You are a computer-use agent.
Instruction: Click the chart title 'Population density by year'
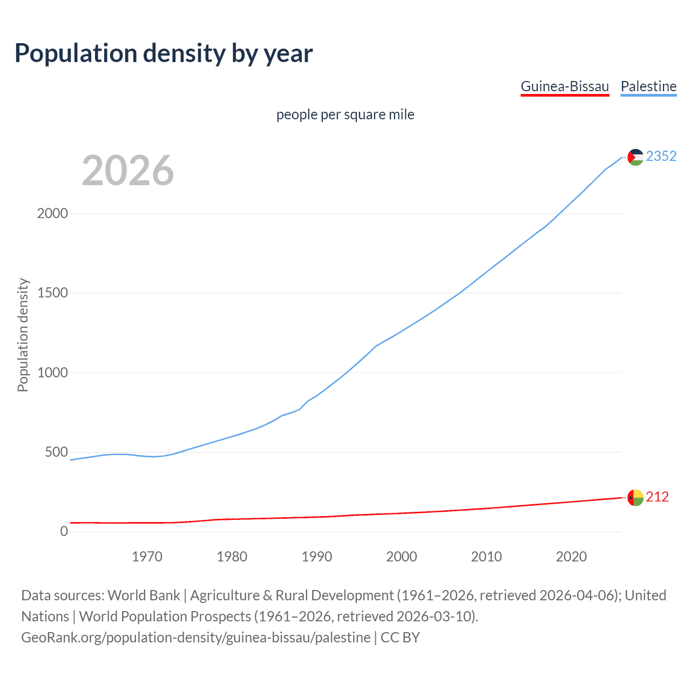pyautogui.click(x=164, y=53)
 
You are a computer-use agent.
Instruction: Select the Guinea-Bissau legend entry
pyautogui.click(x=565, y=86)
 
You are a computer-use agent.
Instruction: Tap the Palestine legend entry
pyautogui.click(x=648, y=86)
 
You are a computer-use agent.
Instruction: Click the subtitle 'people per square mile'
pyautogui.click(x=345, y=114)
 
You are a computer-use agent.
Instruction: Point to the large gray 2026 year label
pyautogui.click(x=128, y=171)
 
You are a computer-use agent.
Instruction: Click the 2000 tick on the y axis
pyautogui.click(x=52, y=213)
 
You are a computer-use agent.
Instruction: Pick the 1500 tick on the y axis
pyautogui.click(x=52, y=293)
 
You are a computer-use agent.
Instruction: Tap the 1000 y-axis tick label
pyautogui.click(x=52, y=372)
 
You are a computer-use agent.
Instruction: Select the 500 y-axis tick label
pyautogui.click(x=56, y=452)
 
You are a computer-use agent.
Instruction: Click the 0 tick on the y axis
pyautogui.click(x=64, y=531)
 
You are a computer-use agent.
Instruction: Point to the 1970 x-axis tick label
pyautogui.click(x=147, y=557)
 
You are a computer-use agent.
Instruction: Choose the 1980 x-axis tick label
pyautogui.click(x=232, y=557)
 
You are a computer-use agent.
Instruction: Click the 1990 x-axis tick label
pyautogui.click(x=317, y=557)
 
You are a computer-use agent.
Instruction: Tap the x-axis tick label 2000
pyautogui.click(x=402, y=557)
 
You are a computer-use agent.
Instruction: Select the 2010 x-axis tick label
pyautogui.click(x=486, y=557)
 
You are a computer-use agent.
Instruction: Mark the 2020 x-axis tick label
pyautogui.click(x=571, y=557)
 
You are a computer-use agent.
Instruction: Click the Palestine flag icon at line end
pyautogui.click(x=635, y=157)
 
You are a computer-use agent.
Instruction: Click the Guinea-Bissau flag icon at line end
pyautogui.click(x=635, y=497)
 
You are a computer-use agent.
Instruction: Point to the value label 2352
pyautogui.click(x=661, y=156)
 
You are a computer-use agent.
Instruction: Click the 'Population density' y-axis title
pyautogui.click(x=23, y=335)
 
